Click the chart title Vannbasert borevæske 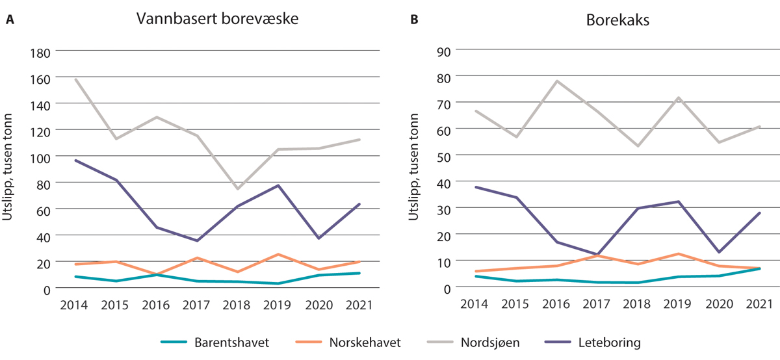(217, 19)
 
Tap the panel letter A (10, 20)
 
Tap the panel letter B (413, 20)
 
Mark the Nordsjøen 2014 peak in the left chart (76, 79)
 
